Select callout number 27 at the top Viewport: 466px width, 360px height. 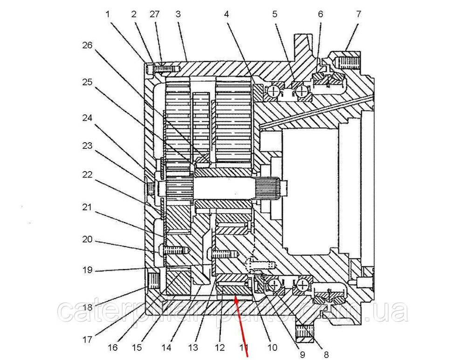click(155, 14)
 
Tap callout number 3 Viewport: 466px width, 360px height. click(178, 14)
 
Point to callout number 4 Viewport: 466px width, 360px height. click(226, 14)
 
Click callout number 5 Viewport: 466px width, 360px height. click(275, 14)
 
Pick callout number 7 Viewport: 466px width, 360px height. click(358, 14)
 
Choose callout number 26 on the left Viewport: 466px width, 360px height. click(87, 45)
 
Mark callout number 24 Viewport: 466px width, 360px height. click(87, 118)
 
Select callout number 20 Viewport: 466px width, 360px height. click(87, 240)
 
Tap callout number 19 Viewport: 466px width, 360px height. click(87, 270)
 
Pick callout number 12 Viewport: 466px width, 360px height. click(219, 347)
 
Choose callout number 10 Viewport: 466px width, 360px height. click(272, 347)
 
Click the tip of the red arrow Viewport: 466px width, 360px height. click(235, 297)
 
